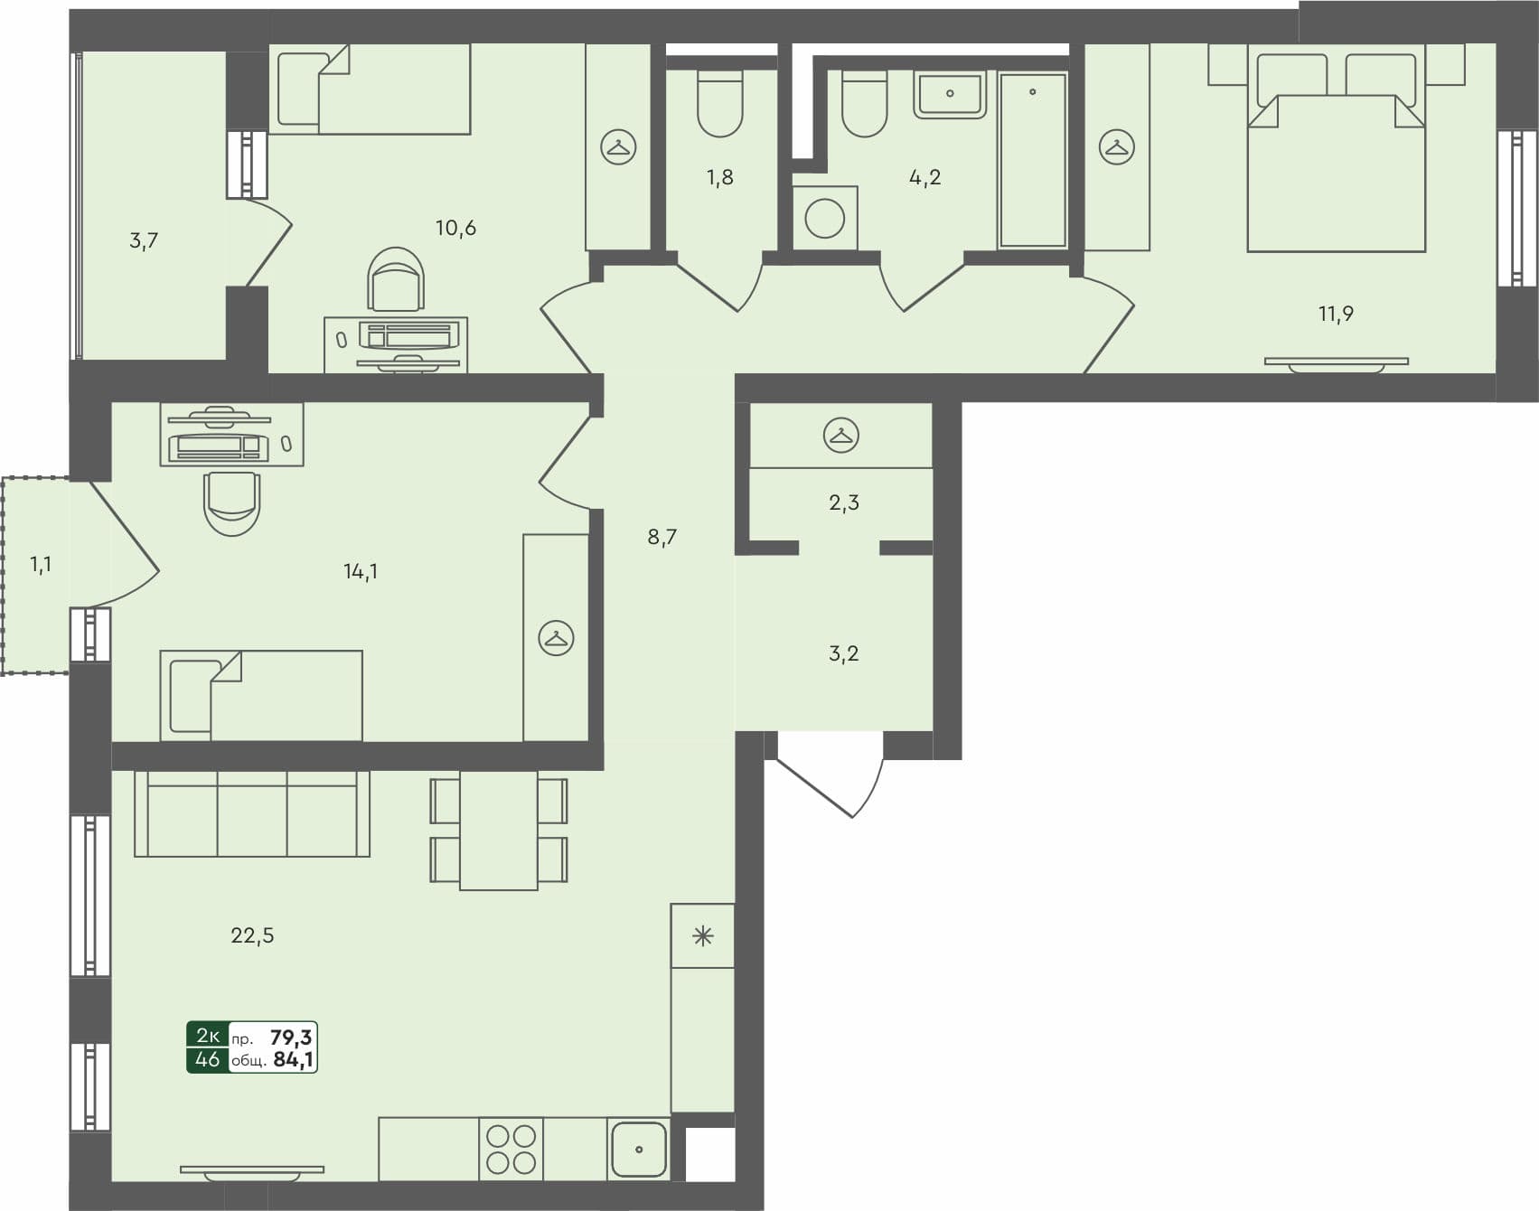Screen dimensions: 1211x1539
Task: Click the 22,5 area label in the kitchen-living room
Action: (x=252, y=935)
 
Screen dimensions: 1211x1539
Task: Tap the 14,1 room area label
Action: (x=361, y=571)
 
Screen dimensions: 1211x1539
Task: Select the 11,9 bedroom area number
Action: (x=1336, y=314)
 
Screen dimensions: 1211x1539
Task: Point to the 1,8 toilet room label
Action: (x=720, y=177)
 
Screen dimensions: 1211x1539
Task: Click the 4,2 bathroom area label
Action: (x=924, y=177)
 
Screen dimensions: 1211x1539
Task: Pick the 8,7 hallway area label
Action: (x=662, y=538)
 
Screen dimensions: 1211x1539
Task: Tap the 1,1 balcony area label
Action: (x=41, y=565)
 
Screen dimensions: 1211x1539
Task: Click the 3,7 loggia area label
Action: (x=144, y=240)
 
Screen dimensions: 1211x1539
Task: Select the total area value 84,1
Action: (x=293, y=1060)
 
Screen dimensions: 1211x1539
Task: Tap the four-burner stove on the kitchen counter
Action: (x=511, y=1150)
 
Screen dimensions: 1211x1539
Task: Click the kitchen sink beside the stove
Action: (x=639, y=1150)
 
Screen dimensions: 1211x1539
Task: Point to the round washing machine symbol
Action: (x=824, y=219)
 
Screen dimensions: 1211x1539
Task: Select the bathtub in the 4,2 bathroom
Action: (x=1032, y=160)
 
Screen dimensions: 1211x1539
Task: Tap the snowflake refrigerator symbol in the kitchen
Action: (x=702, y=936)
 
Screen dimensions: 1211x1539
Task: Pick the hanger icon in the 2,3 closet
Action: (x=841, y=436)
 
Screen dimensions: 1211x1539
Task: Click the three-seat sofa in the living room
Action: (x=252, y=813)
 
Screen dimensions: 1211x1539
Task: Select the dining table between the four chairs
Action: (x=499, y=830)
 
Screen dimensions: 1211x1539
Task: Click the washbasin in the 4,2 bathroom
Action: (x=950, y=95)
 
